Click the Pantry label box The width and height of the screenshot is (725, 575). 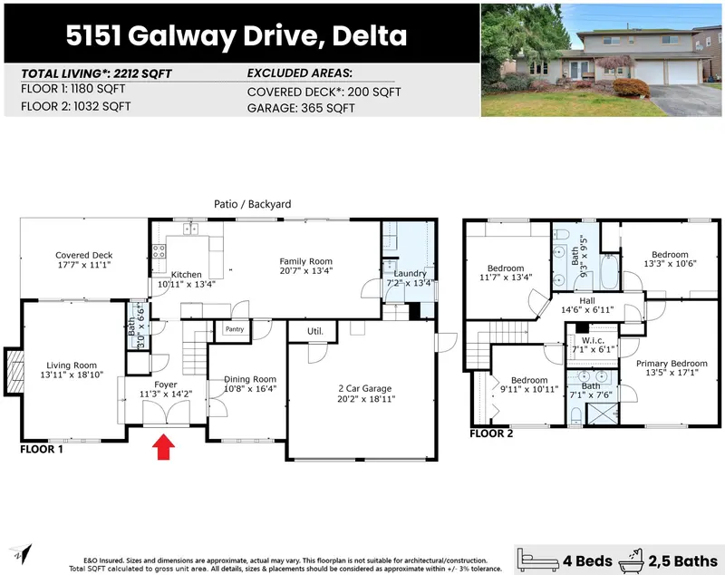tap(235, 330)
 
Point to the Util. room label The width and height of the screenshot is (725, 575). tap(314, 332)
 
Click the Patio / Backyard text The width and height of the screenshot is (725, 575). tap(252, 205)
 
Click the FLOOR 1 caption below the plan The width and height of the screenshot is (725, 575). tap(42, 449)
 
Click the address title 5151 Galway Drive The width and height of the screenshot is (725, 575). tap(236, 36)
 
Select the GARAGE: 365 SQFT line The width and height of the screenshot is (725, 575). tap(301, 109)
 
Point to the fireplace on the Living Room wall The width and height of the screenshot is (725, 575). tap(12, 370)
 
